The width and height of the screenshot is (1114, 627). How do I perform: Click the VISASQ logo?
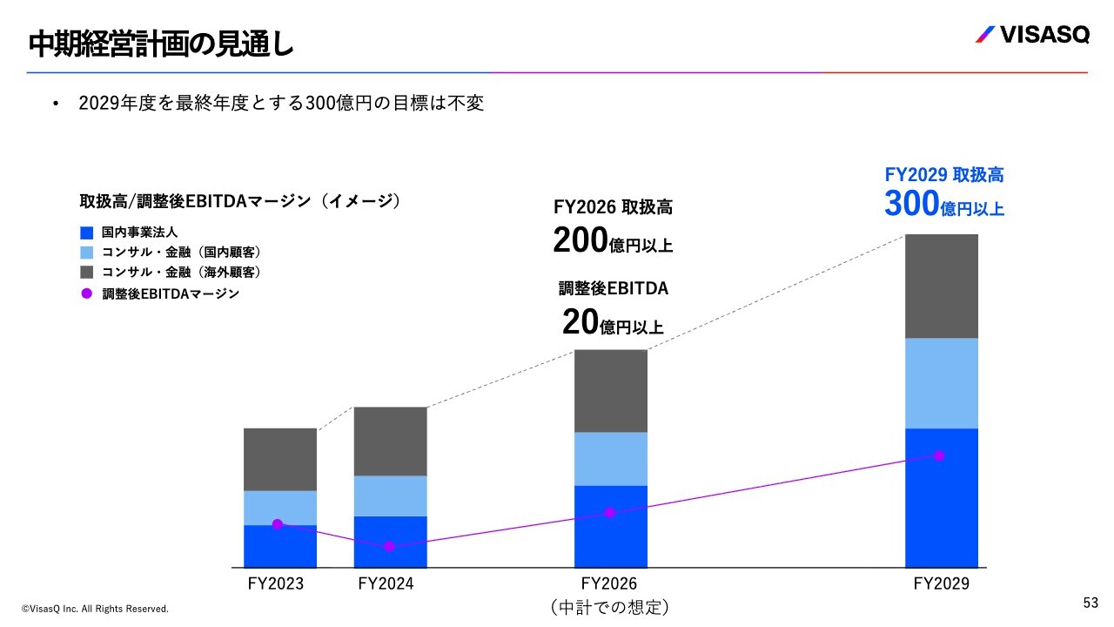pos(1031,36)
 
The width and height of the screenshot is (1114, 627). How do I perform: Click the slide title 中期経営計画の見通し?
pos(161,44)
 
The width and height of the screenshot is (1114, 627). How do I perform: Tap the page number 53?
pos(1091,603)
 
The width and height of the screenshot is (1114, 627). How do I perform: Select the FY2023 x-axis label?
pos(276,583)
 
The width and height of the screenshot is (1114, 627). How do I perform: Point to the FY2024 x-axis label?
pos(386,583)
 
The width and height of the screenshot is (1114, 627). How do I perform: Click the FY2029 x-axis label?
pos(941,583)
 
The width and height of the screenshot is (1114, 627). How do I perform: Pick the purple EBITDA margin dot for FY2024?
pos(389,546)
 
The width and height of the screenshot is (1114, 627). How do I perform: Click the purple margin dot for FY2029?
pos(939,455)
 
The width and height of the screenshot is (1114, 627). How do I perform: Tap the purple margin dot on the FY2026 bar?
pos(609,513)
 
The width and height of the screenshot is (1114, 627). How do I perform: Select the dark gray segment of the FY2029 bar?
pos(941,286)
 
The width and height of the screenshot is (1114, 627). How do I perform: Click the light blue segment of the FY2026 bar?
pos(610,458)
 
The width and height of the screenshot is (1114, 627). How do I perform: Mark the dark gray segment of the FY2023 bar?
pos(279,459)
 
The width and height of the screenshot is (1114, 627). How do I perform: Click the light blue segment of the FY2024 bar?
pos(390,496)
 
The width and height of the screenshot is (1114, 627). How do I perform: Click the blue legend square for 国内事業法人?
pos(86,233)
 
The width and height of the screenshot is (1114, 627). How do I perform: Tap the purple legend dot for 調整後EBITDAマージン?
pos(86,293)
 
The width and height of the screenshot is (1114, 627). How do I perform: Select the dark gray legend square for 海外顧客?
pos(86,273)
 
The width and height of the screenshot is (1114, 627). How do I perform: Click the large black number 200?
pos(580,240)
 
